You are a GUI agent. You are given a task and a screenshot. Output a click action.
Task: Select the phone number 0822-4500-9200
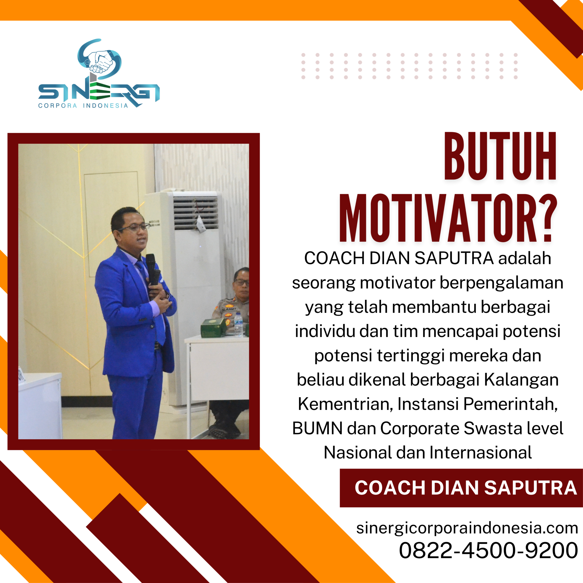point(488,550)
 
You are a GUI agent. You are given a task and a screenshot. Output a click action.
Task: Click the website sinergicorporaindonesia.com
point(467,528)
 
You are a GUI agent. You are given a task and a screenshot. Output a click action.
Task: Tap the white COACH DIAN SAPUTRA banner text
point(465,488)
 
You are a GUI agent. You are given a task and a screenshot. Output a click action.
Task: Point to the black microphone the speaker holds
point(152,268)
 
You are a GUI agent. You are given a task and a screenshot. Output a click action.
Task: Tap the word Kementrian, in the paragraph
point(345,404)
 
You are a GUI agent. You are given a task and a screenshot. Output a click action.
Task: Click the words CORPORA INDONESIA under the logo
point(83,106)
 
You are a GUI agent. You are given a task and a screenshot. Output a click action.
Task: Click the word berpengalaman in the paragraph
point(501,283)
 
